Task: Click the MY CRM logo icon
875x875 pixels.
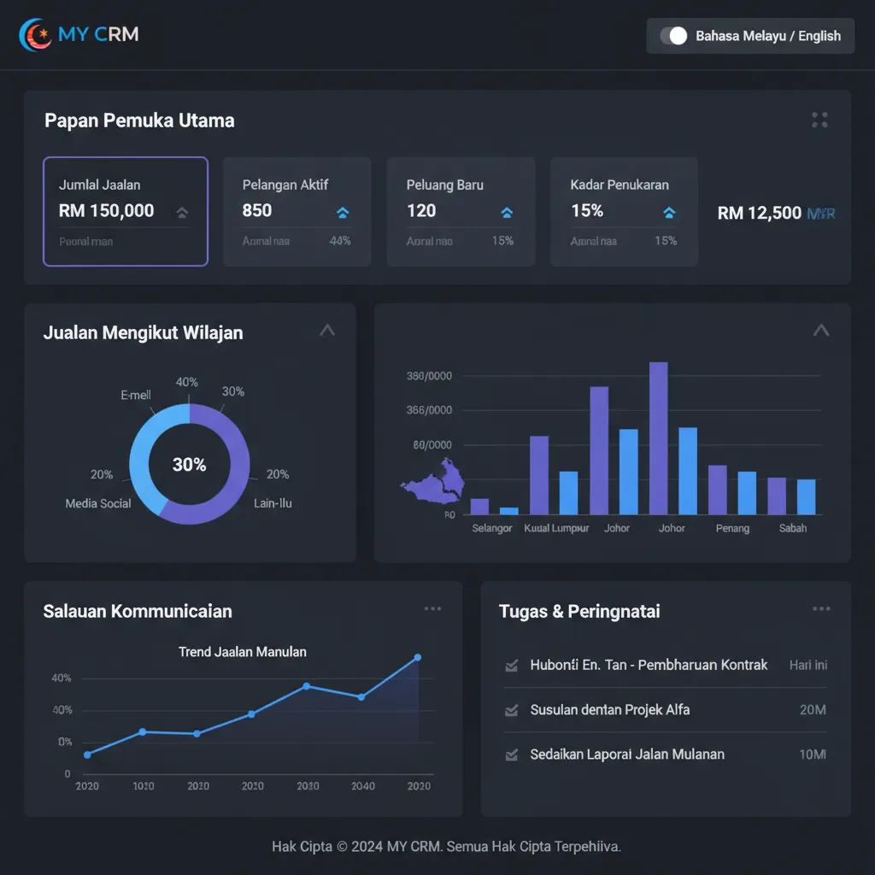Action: click(35, 35)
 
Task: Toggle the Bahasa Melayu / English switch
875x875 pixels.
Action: click(673, 36)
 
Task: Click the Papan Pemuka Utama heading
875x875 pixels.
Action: click(139, 120)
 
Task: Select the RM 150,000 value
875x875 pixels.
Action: click(106, 211)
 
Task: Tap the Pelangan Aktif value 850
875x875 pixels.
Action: click(257, 211)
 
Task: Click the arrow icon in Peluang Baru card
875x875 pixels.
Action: click(507, 213)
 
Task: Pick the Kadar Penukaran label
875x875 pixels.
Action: click(620, 185)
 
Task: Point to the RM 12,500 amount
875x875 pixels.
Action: click(760, 214)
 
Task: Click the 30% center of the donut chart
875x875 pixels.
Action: click(189, 465)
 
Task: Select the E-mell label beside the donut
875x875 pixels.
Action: click(136, 395)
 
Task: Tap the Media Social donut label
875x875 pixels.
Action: click(98, 503)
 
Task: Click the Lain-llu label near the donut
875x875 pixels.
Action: click(273, 503)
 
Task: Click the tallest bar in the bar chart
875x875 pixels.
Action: click(658, 437)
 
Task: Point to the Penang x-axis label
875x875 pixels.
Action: click(732, 528)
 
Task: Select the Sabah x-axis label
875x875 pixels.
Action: click(793, 528)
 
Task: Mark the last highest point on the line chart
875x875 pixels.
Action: click(418, 657)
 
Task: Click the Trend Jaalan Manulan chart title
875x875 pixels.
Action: click(243, 652)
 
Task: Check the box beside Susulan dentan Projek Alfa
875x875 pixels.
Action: click(512, 710)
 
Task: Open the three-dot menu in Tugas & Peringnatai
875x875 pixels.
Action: click(821, 609)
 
